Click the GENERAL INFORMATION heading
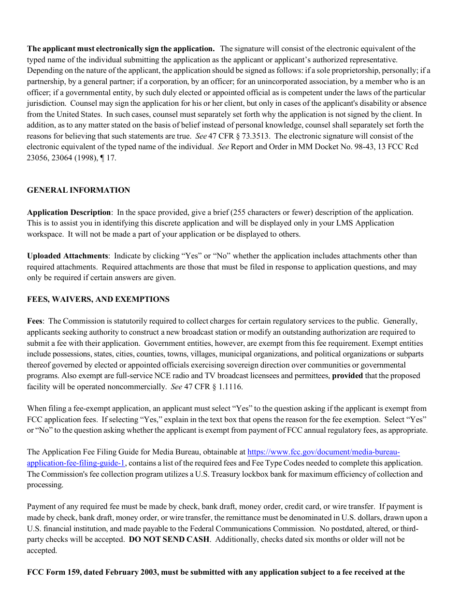pyautogui.click(x=78, y=190)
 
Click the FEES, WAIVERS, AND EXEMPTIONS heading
pyautogui.click(x=98, y=299)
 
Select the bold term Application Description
pyautogui.click(x=69, y=212)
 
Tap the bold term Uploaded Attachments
pyautogui.click(x=67, y=256)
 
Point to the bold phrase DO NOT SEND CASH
pyautogui.click(x=169, y=539)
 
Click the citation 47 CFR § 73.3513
pyautogui.click(x=240, y=136)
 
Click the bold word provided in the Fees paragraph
pyautogui.click(x=347, y=376)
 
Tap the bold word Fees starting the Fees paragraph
pyautogui.click(x=35, y=321)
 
